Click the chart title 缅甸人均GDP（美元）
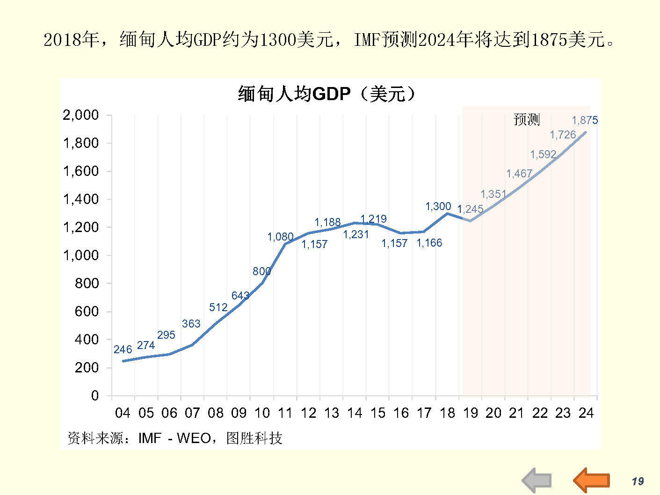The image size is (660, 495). point(326,94)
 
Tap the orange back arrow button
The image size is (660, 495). point(592,480)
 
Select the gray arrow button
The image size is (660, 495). point(537,480)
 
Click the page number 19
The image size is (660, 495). point(638,481)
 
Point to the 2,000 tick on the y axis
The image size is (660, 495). point(81,115)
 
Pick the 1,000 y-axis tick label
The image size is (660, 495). point(81,255)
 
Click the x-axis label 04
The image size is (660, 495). point(123,413)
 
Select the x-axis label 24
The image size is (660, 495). point(586,413)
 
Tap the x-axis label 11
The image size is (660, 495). point(285,413)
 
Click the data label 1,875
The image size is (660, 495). point(585,120)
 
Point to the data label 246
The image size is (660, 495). point(123,349)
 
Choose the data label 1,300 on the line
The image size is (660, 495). point(438,206)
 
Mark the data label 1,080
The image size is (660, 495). point(280,237)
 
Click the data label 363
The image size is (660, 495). point(191,324)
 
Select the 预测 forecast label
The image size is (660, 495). point(527,120)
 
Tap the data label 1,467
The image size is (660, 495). point(519,174)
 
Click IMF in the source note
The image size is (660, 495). point(150,438)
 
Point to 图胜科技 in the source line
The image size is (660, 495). point(254,438)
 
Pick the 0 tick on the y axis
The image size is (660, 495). point(95,396)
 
